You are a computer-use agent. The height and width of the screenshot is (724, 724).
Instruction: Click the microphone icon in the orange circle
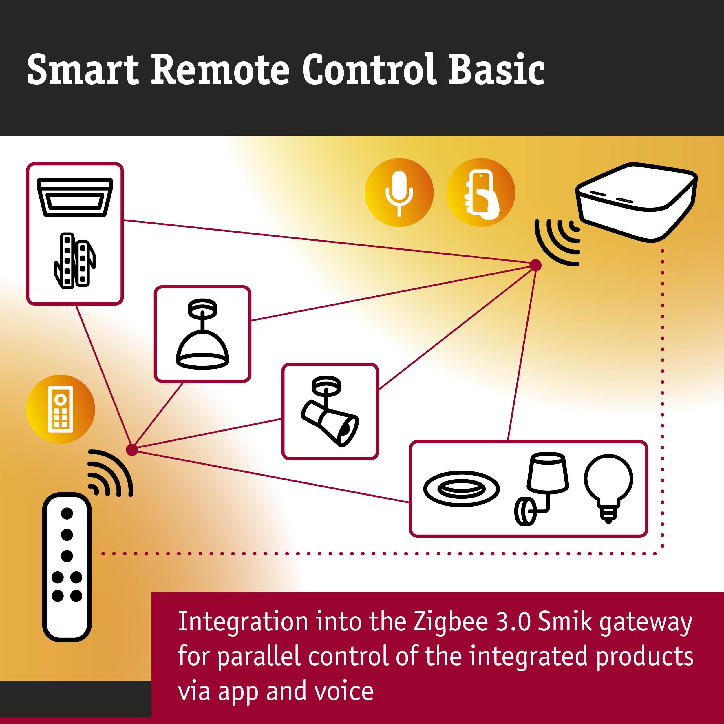(399, 193)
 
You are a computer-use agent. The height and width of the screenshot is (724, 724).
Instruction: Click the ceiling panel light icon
(75, 197)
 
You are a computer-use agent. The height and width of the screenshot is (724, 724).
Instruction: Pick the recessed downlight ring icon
(461, 489)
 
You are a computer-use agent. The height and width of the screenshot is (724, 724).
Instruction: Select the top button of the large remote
(67, 513)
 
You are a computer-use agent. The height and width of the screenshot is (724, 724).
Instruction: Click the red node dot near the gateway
(535, 265)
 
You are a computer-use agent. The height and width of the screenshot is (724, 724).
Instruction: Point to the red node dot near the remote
(132, 449)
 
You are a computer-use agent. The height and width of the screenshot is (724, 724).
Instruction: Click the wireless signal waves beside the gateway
(558, 242)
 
